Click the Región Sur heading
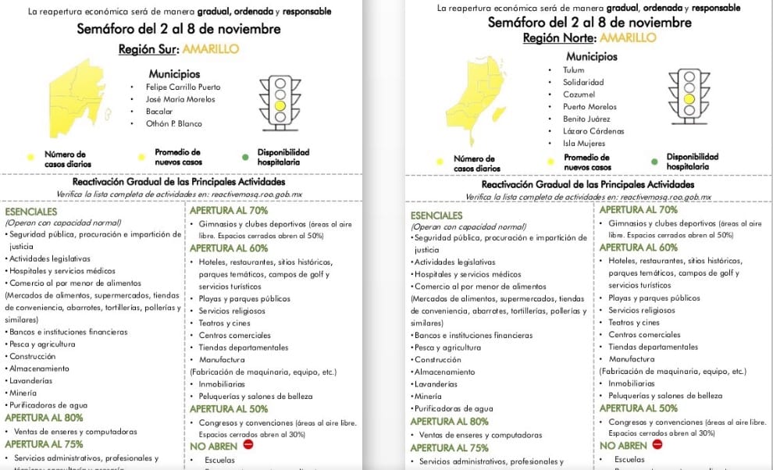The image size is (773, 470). pyautogui.click(x=178, y=49)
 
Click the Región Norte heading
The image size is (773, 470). pyautogui.click(x=590, y=37)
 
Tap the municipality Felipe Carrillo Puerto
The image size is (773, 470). pyautogui.click(x=183, y=87)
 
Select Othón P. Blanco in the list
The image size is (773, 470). pyautogui.click(x=173, y=123)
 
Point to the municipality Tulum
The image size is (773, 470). pyautogui.click(x=573, y=69)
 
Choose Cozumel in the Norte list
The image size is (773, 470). pyautogui.click(x=579, y=94)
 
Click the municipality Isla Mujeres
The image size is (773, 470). pyautogui.click(x=584, y=144)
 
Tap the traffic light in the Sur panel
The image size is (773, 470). pyautogui.click(x=280, y=99)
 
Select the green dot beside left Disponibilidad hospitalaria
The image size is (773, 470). pyautogui.click(x=245, y=157)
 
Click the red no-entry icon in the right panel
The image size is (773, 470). pyautogui.click(x=657, y=445)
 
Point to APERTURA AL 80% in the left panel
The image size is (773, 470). pyautogui.click(x=44, y=417)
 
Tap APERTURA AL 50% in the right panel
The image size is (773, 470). pyautogui.click(x=639, y=408)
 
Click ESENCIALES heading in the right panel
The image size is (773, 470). pyautogui.click(x=436, y=215)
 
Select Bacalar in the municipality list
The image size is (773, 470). pyautogui.click(x=160, y=112)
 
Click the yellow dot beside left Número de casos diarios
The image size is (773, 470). pyautogui.click(x=30, y=157)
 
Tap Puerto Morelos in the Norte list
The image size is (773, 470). pyautogui.click(x=590, y=107)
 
